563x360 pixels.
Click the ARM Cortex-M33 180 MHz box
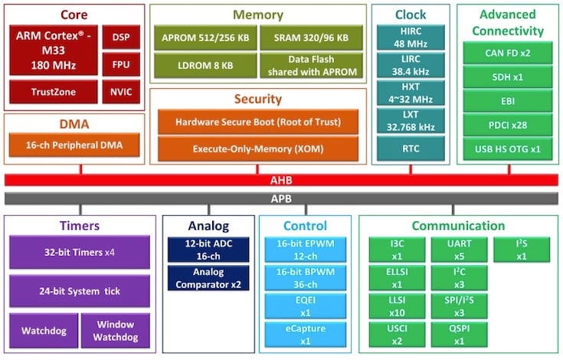tap(53, 51)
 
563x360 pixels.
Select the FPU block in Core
tap(121, 64)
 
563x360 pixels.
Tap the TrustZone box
tap(53, 92)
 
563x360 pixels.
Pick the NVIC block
tap(121, 92)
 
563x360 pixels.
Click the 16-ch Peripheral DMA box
tap(74, 145)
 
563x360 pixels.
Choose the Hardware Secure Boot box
tap(257, 122)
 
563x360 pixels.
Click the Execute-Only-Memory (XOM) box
tap(257, 147)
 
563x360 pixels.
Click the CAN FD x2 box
tap(506, 53)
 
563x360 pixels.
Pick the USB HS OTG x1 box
tap(506, 148)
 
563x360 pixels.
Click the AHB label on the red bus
tap(282, 180)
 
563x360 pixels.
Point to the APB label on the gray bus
tap(282, 198)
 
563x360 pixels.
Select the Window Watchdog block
tap(115, 332)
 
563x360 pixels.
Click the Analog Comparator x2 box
tap(207, 277)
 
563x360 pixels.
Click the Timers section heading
tap(80, 226)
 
